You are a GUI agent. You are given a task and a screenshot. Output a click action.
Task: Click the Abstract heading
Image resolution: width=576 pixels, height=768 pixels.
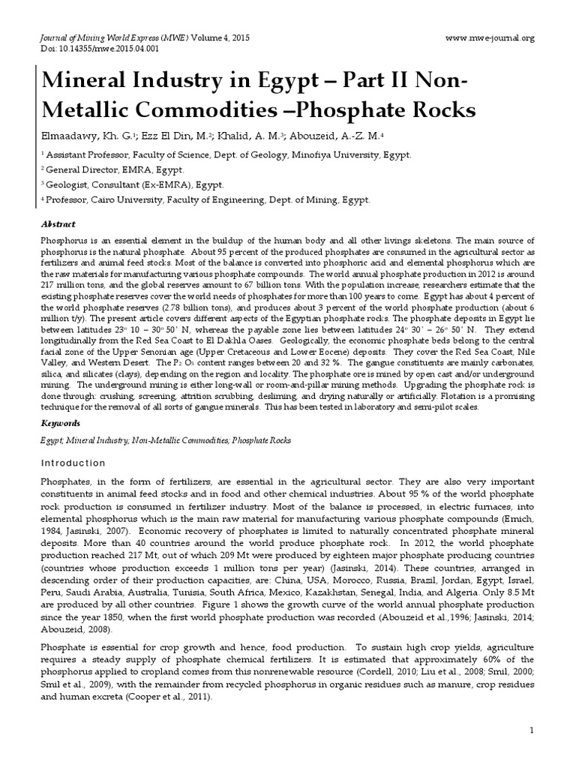(58, 224)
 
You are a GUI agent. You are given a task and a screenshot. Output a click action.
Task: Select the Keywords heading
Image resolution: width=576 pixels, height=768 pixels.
(60, 424)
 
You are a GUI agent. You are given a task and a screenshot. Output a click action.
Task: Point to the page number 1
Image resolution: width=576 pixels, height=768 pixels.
(531, 730)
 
